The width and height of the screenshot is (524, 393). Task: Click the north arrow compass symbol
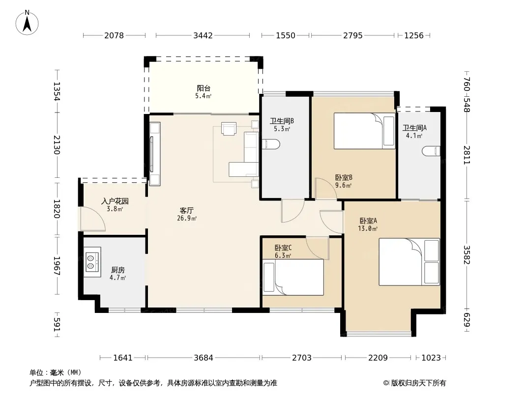[x=27, y=23]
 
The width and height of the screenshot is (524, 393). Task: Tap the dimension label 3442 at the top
[x=203, y=35]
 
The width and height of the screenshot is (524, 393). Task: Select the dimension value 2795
[x=352, y=35]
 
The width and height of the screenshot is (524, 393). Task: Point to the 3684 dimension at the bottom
[x=203, y=358]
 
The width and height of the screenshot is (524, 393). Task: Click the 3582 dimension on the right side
[x=466, y=255]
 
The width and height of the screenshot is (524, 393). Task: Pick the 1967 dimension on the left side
[x=57, y=266]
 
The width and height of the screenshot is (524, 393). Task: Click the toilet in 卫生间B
[x=271, y=144]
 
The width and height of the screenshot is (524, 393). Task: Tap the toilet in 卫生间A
[x=432, y=151]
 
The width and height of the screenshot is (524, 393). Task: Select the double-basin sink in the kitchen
[x=92, y=262]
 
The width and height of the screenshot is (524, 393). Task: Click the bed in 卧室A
[x=409, y=262]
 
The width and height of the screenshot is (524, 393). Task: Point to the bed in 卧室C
[x=293, y=278]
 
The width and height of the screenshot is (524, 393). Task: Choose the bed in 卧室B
[x=364, y=131]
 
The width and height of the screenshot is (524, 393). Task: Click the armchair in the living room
[x=229, y=129]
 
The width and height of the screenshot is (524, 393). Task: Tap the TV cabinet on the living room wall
[x=155, y=154]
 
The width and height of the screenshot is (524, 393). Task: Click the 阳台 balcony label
[x=204, y=88]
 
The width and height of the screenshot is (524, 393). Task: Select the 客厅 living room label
[x=186, y=211]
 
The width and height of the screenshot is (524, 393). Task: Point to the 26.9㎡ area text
[x=187, y=219]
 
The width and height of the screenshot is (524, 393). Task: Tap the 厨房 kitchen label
[x=117, y=270]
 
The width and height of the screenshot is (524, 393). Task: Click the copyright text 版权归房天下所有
[x=418, y=383]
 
